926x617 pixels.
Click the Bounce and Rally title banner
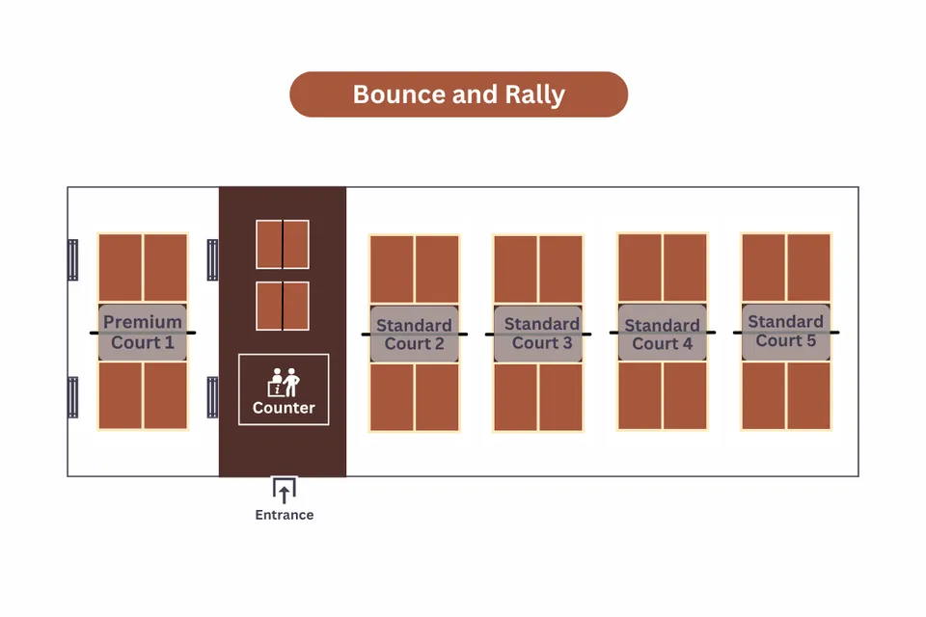click(x=459, y=94)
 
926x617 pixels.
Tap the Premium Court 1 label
click(x=143, y=333)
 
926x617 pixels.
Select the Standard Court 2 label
click(x=414, y=335)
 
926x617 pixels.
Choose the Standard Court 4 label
click(x=662, y=335)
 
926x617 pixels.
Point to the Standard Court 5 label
click(x=785, y=332)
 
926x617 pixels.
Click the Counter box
click(x=284, y=389)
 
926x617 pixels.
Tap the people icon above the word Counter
click(x=284, y=382)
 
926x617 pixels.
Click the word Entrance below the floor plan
click(x=284, y=515)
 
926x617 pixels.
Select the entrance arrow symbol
click(x=284, y=491)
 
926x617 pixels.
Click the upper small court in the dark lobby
click(x=283, y=245)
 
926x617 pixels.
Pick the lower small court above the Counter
click(x=283, y=306)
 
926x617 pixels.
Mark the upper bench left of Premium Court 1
click(x=72, y=259)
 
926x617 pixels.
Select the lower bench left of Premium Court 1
click(x=72, y=397)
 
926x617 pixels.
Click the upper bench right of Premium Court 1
click(x=212, y=259)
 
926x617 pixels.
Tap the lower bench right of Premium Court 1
click(x=212, y=397)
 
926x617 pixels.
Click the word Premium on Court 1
click(x=143, y=322)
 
